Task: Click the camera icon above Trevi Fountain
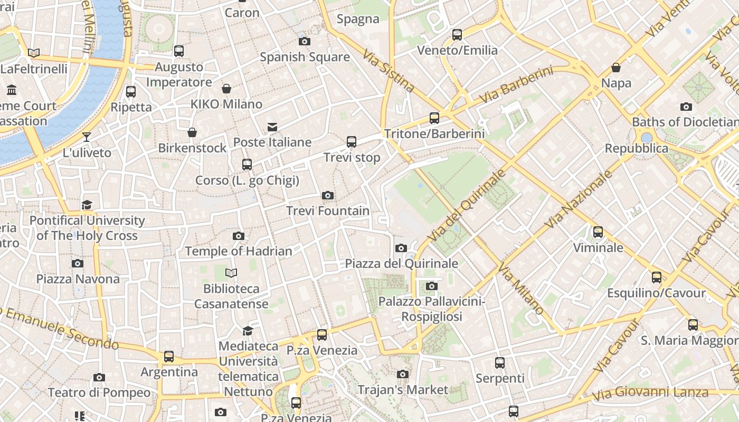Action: click(x=328, y=196)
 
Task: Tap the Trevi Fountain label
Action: click(x=328, y=211)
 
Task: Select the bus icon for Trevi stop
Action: click(x=352, y=142)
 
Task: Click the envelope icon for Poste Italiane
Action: click(x=272, y=127)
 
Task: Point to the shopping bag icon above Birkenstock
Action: click(x=192, y=132)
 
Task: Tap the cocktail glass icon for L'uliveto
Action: click(x=87, y=137)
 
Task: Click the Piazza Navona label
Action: click(x=78, y=279)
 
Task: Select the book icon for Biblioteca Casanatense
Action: click(x=231, y=273)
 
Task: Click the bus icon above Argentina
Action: click(x=169, y=357)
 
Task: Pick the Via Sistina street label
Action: click(x=389, y=71)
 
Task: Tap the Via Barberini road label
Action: click(x=516, y=84)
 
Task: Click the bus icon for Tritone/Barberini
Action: click(x=434, y=118)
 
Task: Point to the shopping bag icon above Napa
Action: click(x=616, y=68)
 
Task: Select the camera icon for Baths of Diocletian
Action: click(x=686, y=107)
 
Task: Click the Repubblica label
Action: click(x=637, y=149)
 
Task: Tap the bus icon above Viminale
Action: click(x=598, y=232)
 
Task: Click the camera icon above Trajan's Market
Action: click(x=403, y=375)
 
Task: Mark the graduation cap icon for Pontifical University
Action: click(x=87, y=205)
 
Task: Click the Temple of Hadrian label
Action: click(x=239, y=252)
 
